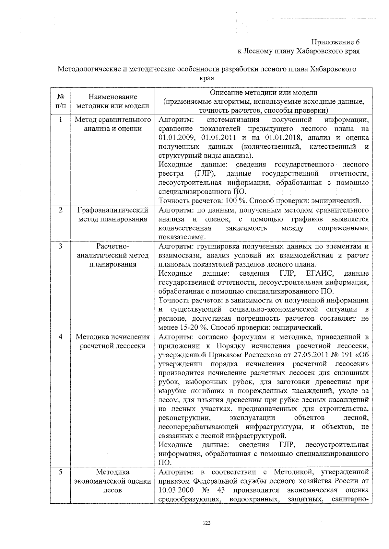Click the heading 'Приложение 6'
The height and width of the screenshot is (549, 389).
click(336, 42)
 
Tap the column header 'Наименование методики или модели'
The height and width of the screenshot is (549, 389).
click(113, 101)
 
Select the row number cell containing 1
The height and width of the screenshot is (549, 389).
click(61, 120)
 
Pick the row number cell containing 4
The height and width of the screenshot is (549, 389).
click(61, 337)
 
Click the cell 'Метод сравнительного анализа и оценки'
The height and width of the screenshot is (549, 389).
click(113, 124)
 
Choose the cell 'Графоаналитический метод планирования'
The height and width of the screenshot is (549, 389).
click(113, 215)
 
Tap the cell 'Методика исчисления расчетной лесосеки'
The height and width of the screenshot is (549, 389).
click(113, 341)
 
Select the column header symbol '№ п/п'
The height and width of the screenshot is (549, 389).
click(61, 101)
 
